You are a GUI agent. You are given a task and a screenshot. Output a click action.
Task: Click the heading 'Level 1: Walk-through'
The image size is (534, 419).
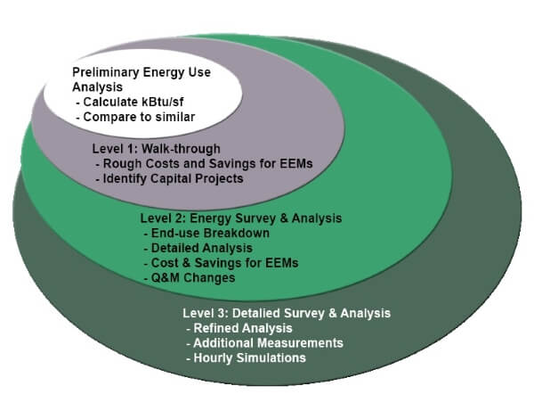[x=157, y=149]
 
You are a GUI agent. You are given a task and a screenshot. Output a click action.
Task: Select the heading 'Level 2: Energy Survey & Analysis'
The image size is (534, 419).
[x=241, y=218]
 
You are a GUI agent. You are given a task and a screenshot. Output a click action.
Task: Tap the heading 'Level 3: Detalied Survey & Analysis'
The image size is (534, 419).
[x=287, y=313]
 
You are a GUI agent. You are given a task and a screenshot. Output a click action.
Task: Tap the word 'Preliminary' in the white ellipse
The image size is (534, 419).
[x=106, y=72]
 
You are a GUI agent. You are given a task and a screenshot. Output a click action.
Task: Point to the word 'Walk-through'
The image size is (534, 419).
[x=181, y=149]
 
